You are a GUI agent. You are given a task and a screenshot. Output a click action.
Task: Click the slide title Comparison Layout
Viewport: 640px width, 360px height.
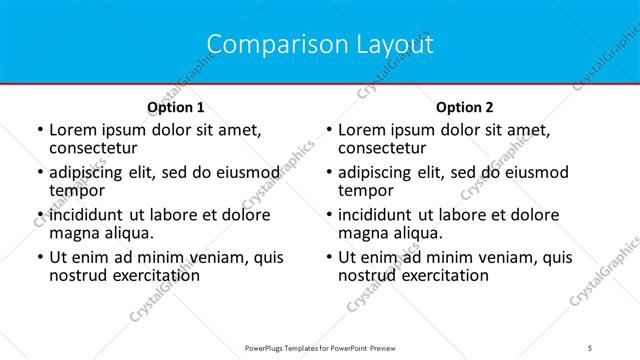click(320, 45)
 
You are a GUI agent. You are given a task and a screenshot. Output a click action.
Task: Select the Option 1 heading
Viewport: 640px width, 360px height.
click(176, 107)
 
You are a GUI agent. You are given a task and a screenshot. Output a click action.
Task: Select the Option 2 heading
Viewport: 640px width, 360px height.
click(465, 107)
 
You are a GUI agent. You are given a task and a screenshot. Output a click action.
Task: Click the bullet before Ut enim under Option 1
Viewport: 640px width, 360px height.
click(38, 258)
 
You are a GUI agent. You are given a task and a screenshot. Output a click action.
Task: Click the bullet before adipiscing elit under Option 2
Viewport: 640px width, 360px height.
click(327, 173)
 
